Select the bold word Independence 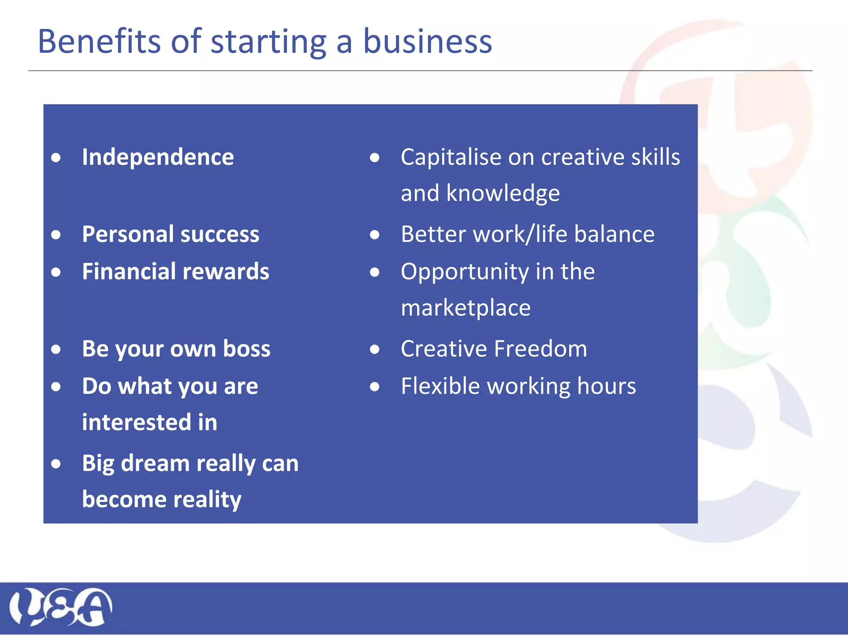[158, 157]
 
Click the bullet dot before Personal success [56, 235]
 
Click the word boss [247, 349]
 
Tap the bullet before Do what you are [56, 387]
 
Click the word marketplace [465, 308]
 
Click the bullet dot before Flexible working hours [375, 387]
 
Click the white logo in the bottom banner [60, 607]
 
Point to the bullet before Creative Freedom [375, 349]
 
